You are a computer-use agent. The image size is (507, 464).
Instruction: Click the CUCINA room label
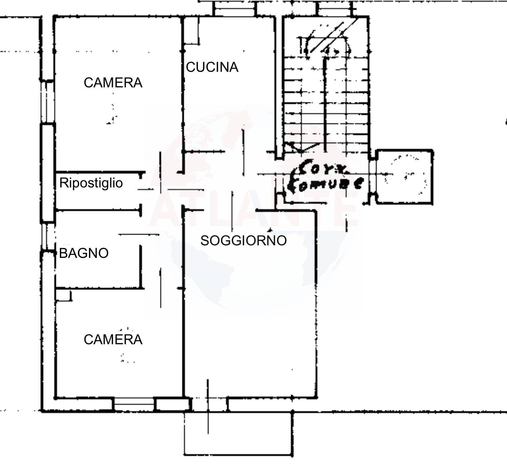point(212,67)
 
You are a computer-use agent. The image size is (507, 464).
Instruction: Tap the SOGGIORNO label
point(243,241)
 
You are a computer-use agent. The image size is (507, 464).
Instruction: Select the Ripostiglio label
point(91,183)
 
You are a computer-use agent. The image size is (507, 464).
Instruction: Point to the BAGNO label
point(84,253)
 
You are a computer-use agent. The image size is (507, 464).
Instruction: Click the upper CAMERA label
point(113,83)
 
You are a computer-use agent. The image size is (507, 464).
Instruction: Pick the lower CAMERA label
point(113,340)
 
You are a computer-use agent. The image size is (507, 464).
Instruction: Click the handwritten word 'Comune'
point(325,184)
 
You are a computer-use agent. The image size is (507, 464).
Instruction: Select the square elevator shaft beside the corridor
point(405,176)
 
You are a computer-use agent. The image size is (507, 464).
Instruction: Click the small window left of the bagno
point(48,237)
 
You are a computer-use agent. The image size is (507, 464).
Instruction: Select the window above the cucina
point(235,9)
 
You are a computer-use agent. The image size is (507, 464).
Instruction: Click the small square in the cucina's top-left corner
point(191,31)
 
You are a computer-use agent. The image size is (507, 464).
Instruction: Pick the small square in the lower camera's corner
point(63,295)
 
